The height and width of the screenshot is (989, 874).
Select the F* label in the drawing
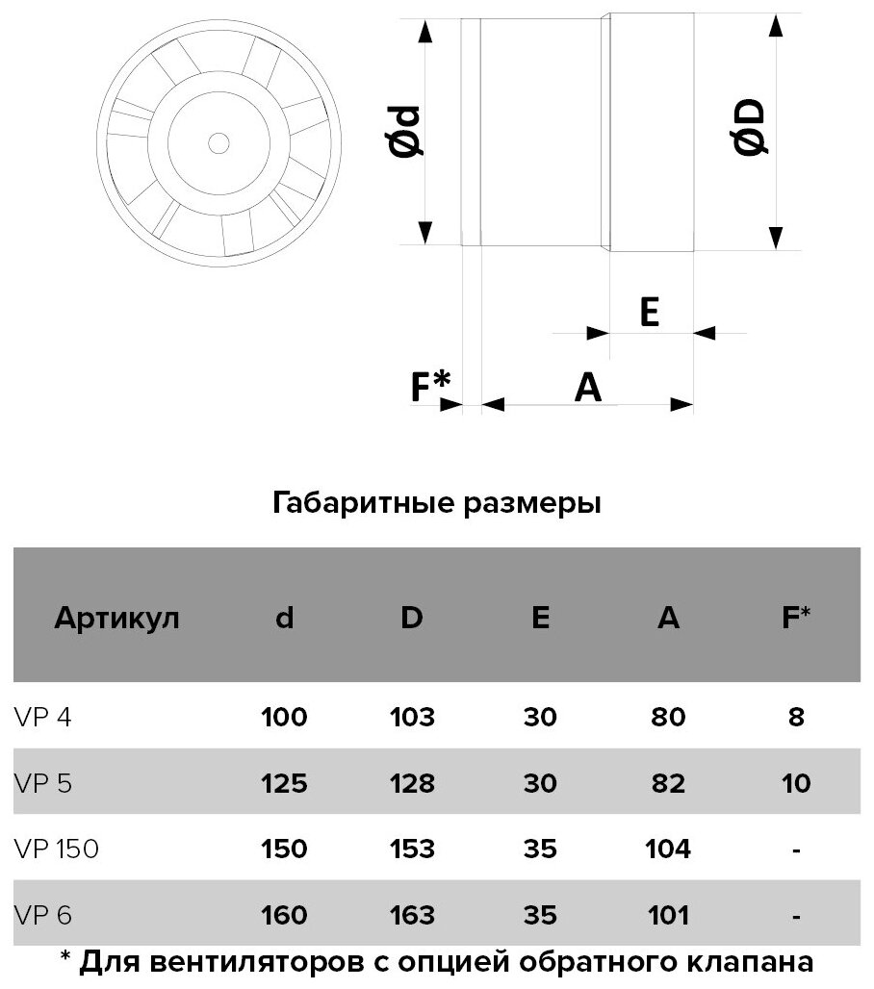click(430, 386)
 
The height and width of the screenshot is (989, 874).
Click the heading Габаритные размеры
click(437, 503)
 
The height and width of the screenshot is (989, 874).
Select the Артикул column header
click(117, 618)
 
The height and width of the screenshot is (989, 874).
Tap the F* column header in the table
click(795, 618)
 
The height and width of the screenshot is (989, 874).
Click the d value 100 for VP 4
click(284, 717)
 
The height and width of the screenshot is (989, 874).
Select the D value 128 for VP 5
click(412, 783)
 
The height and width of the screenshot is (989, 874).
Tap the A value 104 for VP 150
click(668, 849)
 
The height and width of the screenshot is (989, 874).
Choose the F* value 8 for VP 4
click(795, 717)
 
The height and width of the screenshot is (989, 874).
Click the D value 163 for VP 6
click(412, 914)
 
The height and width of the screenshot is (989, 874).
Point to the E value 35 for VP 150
click(540, 849)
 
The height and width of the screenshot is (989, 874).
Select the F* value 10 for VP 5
click(795, 783)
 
